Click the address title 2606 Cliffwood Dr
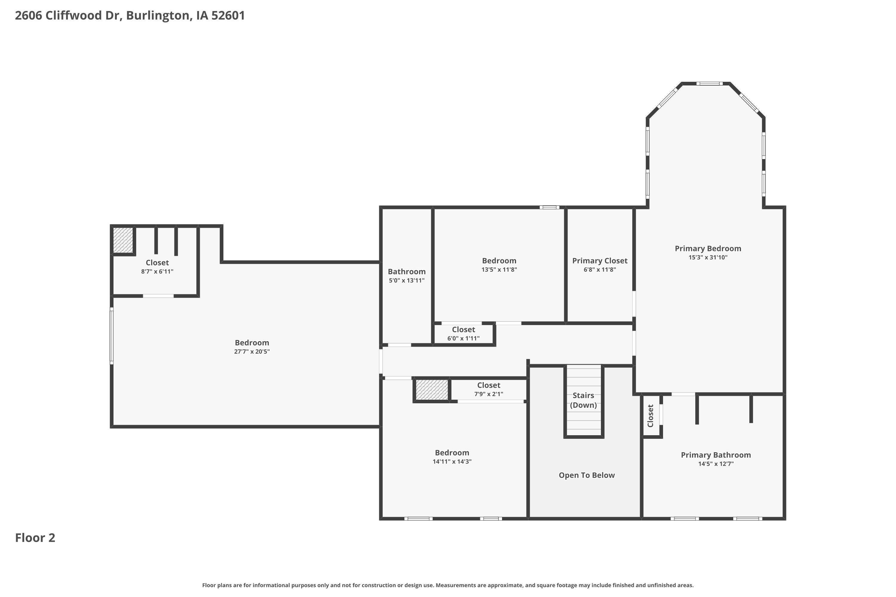pos(130,16)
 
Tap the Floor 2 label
pos(35,538)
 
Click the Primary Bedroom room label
pos(708,249)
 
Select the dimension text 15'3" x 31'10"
pos(708,257)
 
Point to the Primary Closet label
pos(600,261)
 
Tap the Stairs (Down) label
pos(583,400)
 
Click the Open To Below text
pos(587,475)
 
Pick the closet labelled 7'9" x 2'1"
pos(488,389)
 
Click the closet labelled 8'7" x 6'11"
pos(157,267)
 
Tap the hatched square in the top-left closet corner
pos(123,240)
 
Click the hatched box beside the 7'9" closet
pos(432,390)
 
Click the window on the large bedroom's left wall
pos(112,336)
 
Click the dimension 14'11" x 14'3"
pos(452,461)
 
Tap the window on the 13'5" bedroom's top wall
pos(549,207)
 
